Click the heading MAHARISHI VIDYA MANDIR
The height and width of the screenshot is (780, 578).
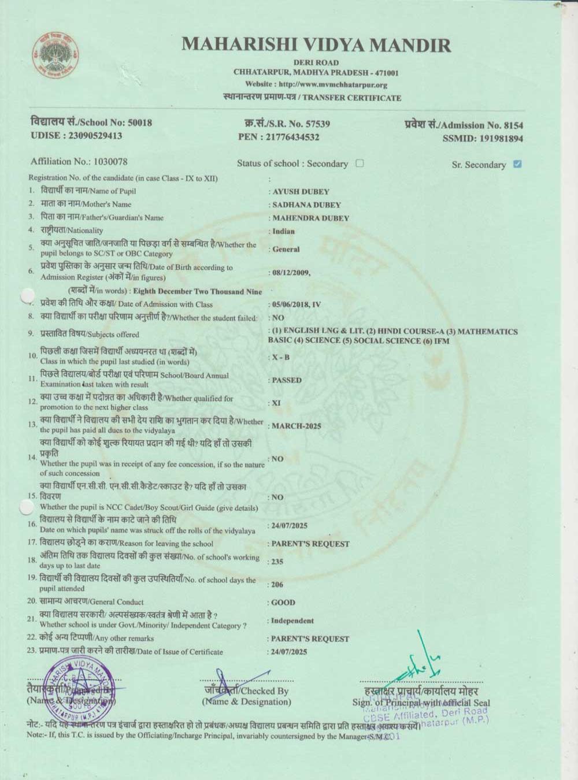[316, 45]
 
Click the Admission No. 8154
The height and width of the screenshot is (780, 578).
[513, 125]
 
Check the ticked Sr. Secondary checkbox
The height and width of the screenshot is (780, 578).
[517, 164]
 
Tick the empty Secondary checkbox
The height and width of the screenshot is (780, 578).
[360, 163]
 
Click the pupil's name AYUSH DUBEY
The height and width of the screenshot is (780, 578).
[301, 191]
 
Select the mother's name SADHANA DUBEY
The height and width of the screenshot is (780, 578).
[306, 205]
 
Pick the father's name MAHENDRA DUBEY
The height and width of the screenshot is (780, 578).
[310, 218]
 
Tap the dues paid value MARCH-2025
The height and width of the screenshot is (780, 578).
[296, 426]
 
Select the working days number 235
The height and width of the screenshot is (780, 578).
[278, 561]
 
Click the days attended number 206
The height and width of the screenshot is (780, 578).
[278, 584]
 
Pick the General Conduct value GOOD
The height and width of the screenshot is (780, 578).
[283, 602]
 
